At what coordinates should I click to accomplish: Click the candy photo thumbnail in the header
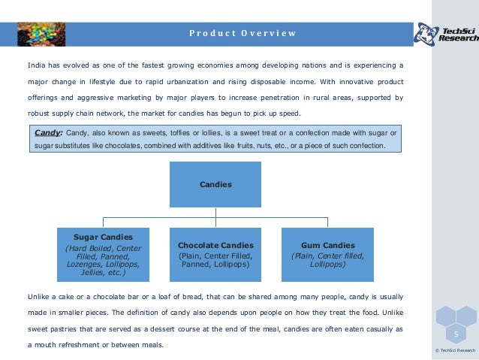[41, 33]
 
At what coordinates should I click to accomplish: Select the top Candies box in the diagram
[215, 184]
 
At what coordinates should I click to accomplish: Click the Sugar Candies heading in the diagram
[103, 237]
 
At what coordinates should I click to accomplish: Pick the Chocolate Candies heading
[215, 246]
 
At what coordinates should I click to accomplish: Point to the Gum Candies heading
[327, 246]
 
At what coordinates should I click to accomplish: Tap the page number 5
[456, 333]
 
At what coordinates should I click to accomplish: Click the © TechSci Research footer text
[456, 350]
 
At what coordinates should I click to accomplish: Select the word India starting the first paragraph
[38, 65]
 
